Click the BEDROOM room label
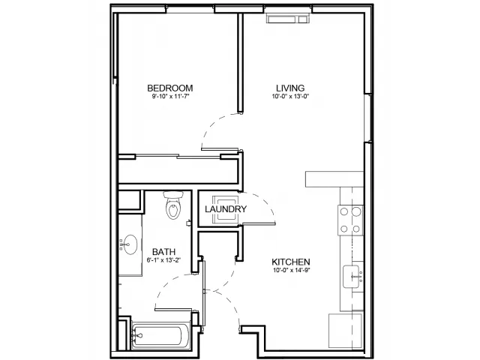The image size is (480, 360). pyautogui.click(x=170, y=88)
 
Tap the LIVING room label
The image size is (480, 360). pyautogui.click(x=290, y=88)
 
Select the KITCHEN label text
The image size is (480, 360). pyautogui.click(x=291, y=262)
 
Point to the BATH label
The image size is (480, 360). pyautogui.click(x=163, y=252)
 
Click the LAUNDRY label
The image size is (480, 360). pyautogui.click(x=226, y=209)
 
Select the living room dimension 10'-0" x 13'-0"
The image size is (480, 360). pyautogui.click(x=290, y=97)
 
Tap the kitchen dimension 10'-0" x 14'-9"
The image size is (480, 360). pyautogui.click(x=291, y=270)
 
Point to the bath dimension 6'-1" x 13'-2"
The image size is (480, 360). pyautogui.click(x=163, y=260)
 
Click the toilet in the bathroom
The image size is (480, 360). pyautogui.click(x=173, y=205)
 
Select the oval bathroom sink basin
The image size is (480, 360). pyautogui.click(x=130, y=244)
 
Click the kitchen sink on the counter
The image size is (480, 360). pyautogui.click(x=351, y=277)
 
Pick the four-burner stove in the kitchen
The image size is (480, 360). pyautogui.click(x=350, y=220)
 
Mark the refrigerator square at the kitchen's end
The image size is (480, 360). pyautogui.click(x=346, y=331)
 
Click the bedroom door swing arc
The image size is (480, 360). pyautogui.click(x=211, y=123)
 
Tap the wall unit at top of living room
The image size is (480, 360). pyautogui.click(x=288, y=19)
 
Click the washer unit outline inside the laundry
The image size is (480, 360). pyautogui.click(x=226, y=208)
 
